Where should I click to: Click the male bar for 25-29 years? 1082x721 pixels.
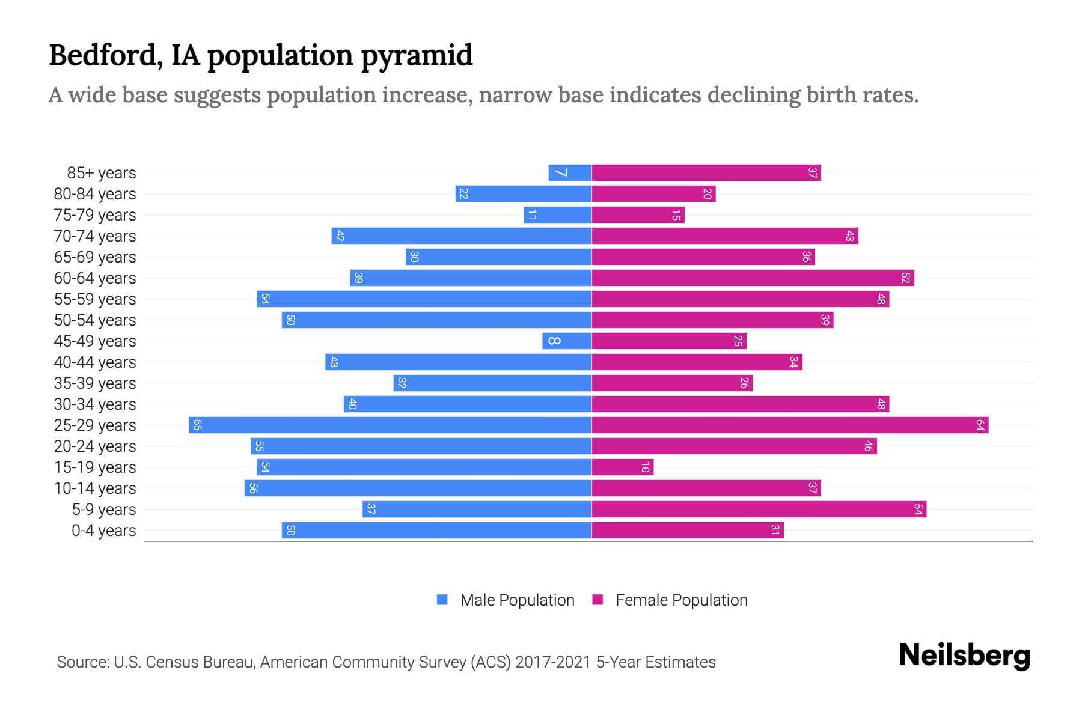(x=391, y=425)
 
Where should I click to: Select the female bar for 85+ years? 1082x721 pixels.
(x=706, y=173)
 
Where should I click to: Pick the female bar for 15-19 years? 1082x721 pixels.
(x=622, y=467)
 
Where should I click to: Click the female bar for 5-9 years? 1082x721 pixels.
(x=759, y=510)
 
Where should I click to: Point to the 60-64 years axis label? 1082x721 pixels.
(x=95, y=278)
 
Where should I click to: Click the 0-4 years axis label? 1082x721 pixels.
(x=103, y=531)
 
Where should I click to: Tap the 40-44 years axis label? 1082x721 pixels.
(x=95, y=362)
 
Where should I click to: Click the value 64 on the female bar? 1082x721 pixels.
(x=980, y=425)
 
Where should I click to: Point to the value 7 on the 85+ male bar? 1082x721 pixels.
(x=560, y=173)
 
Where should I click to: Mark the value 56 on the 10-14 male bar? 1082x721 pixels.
(x=253, y=488)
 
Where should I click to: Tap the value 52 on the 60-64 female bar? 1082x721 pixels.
(x=905, y=278)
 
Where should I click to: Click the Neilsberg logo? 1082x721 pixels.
(x=964, y=656)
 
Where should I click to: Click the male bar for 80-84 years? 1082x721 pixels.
(x=524, y=194)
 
